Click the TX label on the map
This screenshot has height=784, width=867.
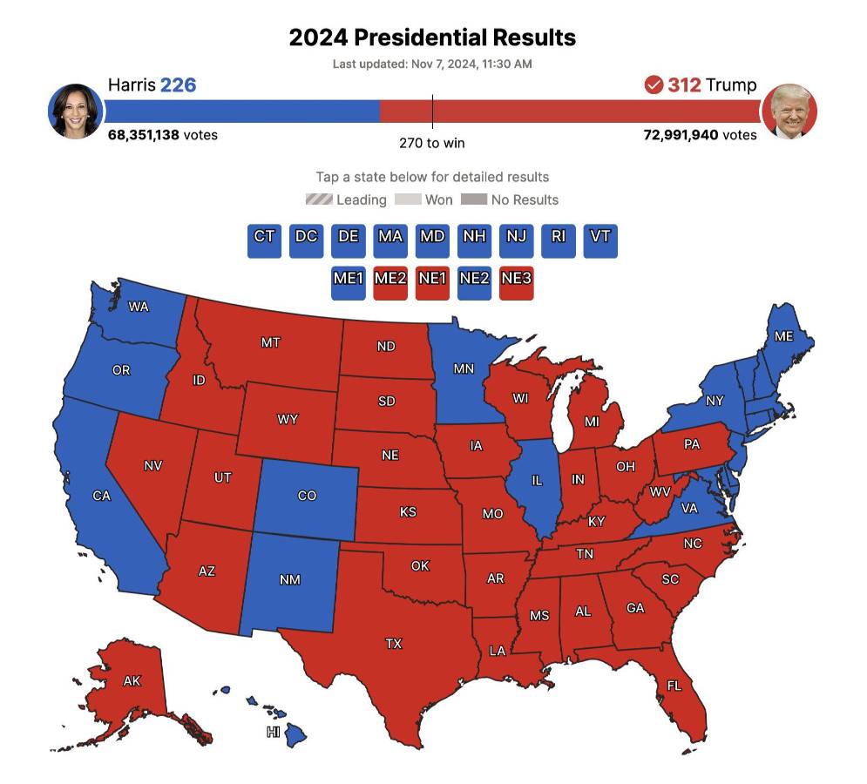click(x=394, y=644)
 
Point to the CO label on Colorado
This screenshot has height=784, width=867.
click(x=307, y=496)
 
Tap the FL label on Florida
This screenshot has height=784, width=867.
click(x=674, y=686)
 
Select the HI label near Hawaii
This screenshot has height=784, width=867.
click(x=274, y=733)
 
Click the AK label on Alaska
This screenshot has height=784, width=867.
click(x=132, y=681)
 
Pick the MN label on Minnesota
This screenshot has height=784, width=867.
click(x=464, y=368)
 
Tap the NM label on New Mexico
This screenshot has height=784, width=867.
click(x=290, y=580)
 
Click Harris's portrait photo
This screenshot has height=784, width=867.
click(x=76, y=112)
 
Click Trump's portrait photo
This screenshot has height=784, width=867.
click(x=789, y=112)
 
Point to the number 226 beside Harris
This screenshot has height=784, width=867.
click(x=178, y=85)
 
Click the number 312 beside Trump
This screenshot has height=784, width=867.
click(x=684, y=85)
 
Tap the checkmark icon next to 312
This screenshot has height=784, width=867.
click(x=654, y=85)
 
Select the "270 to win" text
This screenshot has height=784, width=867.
click(x=432, y=143)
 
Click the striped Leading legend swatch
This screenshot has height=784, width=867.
click(x=319, y=199)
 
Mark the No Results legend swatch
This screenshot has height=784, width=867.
click(x=473, y=199)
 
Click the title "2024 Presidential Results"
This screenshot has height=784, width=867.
click(x=432, y=38)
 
